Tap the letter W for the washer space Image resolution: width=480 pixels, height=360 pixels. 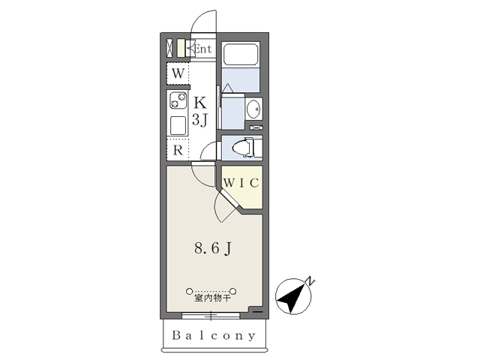(178, 73)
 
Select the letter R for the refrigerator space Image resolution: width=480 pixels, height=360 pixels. (178, 150)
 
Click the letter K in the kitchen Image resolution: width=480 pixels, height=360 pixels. (200, 103)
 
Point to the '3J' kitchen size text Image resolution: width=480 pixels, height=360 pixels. (200, 119)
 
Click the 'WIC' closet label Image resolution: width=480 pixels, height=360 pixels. (241, 182)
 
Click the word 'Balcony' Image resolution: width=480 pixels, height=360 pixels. (214, 335)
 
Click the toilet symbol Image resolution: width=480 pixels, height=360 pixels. (242, 148)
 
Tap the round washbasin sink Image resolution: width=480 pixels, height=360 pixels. (253, 109)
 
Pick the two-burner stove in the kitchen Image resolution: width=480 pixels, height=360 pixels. (178, 100)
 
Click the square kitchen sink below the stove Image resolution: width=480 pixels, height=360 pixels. (178, 124)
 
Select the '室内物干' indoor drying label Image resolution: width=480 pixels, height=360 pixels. (212, 298)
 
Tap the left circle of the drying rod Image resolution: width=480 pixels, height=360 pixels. (189, 289)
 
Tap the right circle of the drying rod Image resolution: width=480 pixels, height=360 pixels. (235, 289)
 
